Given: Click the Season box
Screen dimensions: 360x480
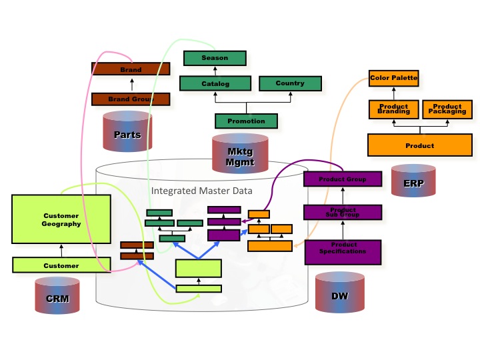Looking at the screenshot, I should coord(215,58).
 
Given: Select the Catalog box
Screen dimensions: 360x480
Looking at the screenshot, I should coord(215,83).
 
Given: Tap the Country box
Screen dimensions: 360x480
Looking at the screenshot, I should coord(290,83).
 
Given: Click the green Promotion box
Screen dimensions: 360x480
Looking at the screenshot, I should coord(246,121).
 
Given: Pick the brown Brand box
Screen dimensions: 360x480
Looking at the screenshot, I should coord(131,69).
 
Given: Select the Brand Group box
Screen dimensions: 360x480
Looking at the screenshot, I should coord(131,99).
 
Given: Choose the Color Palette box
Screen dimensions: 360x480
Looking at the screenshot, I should coord(393,78).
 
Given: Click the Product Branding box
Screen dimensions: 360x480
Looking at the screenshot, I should coord(393,109).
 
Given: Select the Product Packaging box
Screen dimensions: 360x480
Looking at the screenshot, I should coord(447,109).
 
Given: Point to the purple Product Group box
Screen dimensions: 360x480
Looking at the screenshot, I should coord(343,179).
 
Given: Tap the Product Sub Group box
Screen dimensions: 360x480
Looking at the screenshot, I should coord(343,212).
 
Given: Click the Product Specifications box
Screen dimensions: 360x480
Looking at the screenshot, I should coord(343,251).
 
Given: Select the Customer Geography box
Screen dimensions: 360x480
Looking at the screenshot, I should coord(61,219).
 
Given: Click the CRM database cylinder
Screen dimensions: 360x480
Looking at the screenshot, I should coord(57,297).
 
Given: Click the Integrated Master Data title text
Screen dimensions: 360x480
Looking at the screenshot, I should coord(202,191).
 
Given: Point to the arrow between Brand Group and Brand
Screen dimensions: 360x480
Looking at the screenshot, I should coord(131,84).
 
